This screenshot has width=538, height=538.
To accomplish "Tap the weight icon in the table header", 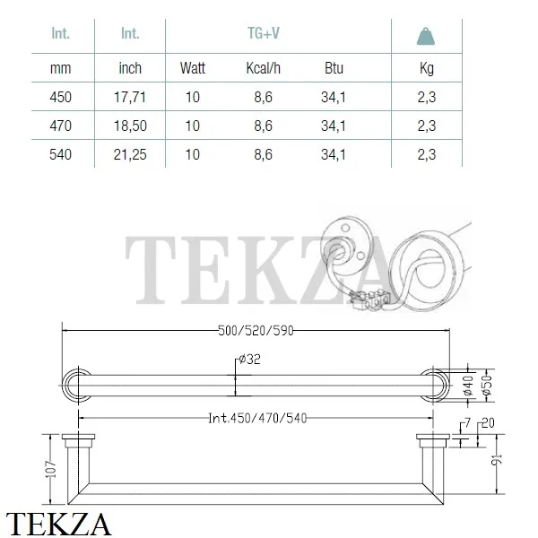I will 427,36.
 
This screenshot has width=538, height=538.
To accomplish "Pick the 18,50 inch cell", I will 131,125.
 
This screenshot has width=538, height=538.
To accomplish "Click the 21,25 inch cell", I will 131,154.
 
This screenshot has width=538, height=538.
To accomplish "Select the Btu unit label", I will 334,67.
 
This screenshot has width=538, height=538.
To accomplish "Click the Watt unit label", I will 193,67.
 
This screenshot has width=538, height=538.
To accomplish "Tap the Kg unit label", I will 427,67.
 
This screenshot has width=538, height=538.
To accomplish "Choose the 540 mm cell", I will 60,154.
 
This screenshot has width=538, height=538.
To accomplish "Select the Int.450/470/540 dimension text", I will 256,417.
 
